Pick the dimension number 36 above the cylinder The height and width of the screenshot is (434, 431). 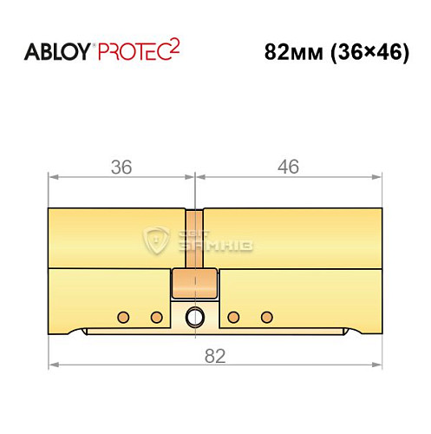coord(121,168)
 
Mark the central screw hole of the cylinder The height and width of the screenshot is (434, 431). coord(196,316)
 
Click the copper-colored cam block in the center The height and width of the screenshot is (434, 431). coord(195,283)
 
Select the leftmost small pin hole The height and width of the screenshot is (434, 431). coord(123,315)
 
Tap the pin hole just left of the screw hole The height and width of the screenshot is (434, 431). coord(157,315)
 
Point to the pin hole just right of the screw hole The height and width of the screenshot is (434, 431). coord(232,315)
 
